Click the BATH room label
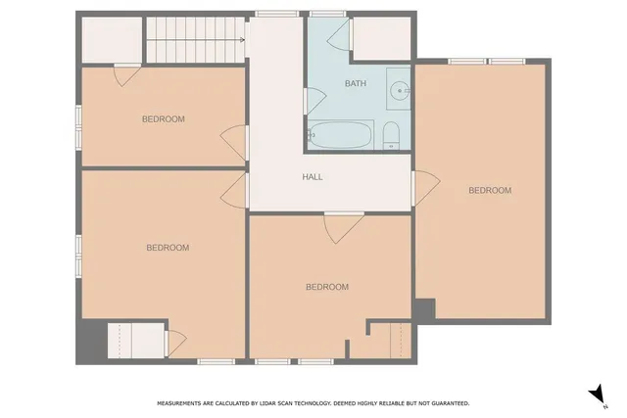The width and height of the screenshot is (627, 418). click(356, 83)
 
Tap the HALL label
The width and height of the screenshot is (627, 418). click(312, 177)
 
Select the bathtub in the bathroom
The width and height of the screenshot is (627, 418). click(341, 134)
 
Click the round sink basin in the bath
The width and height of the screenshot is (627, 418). click(400, 92)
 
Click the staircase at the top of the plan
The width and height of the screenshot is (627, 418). click(195, 40)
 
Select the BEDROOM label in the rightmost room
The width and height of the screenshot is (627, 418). click(489, 190)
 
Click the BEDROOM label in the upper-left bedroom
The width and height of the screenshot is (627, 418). click(163, 119)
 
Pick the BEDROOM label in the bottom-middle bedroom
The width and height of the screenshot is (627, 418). click(327, 287)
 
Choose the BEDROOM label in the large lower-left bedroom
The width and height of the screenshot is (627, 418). click(168, 248)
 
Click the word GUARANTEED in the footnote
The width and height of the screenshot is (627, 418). click(446, 403)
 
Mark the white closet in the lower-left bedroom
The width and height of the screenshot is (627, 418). click(135, 341)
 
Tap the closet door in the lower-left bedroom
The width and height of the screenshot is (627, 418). click(175, 342)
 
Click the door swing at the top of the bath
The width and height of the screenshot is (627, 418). click(338, 31)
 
